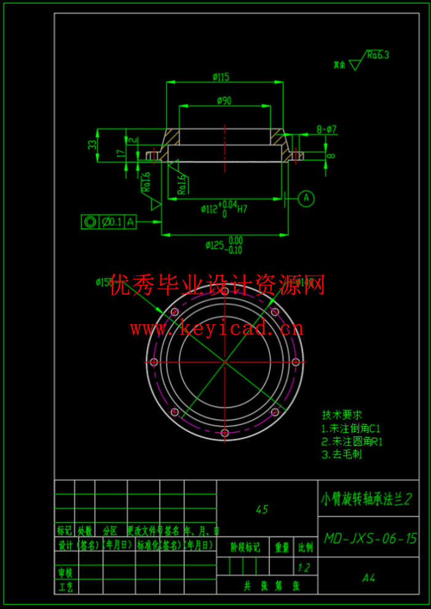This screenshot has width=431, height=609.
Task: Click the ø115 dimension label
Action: [x=221, y=77]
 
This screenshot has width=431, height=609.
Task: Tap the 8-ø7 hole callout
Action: [x=326, y=129]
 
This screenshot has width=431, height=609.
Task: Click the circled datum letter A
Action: [x=307, y=198]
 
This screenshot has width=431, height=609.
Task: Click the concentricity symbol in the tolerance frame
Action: [x=90, y=222]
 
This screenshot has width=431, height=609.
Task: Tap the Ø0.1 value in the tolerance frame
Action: [x=112, y=222]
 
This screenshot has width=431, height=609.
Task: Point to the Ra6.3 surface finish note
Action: [x=378, y=55]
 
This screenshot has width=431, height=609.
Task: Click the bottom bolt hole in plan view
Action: [x=224, y=433]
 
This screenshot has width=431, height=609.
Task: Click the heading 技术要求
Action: [x=342, y=415]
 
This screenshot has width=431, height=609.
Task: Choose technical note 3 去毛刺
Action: [x=342, y=455]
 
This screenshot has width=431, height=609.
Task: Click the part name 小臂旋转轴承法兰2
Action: [x=366, y=498]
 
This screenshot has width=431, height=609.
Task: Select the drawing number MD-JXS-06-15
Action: [x=370, y=539]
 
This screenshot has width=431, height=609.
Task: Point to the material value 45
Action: [x=262, y=510]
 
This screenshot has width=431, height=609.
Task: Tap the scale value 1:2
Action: [x=304, y=567]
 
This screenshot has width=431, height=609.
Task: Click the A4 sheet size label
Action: [x=369, y=578]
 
